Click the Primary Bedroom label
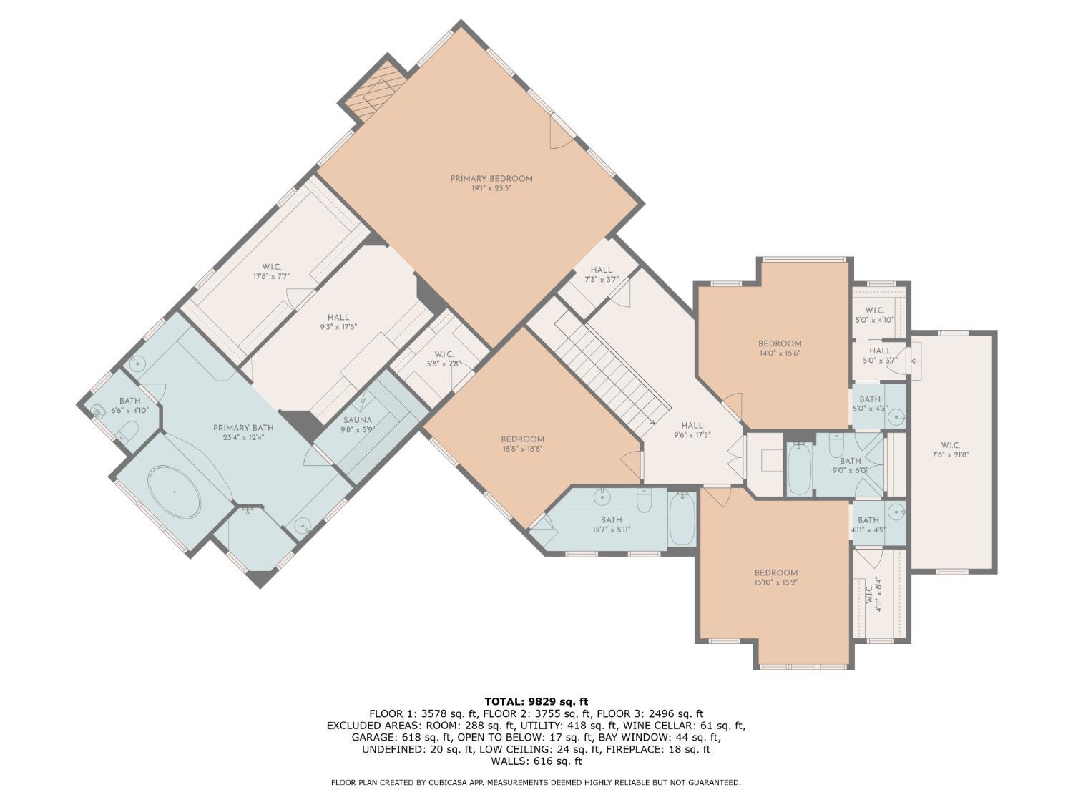[x=491, y=183]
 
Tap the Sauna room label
[x=358, y=425]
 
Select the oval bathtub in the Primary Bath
[x=175, y=492]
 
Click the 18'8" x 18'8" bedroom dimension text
[x=523, y=448]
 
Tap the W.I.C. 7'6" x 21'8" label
[x=950, y=449]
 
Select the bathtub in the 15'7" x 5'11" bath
[x=682, y=519]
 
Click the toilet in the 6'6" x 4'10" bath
[x=129, y=431]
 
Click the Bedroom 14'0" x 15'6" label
[x=780, y=348]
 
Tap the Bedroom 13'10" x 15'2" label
[x=776, y=577]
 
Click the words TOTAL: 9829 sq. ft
[x=536, y=701]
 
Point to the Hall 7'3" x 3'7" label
[x=602, y=275]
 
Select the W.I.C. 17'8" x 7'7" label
[x=271, y=272]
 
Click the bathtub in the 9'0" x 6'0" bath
[x=800, y=469]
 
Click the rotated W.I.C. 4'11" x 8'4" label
[x=873, y=600]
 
